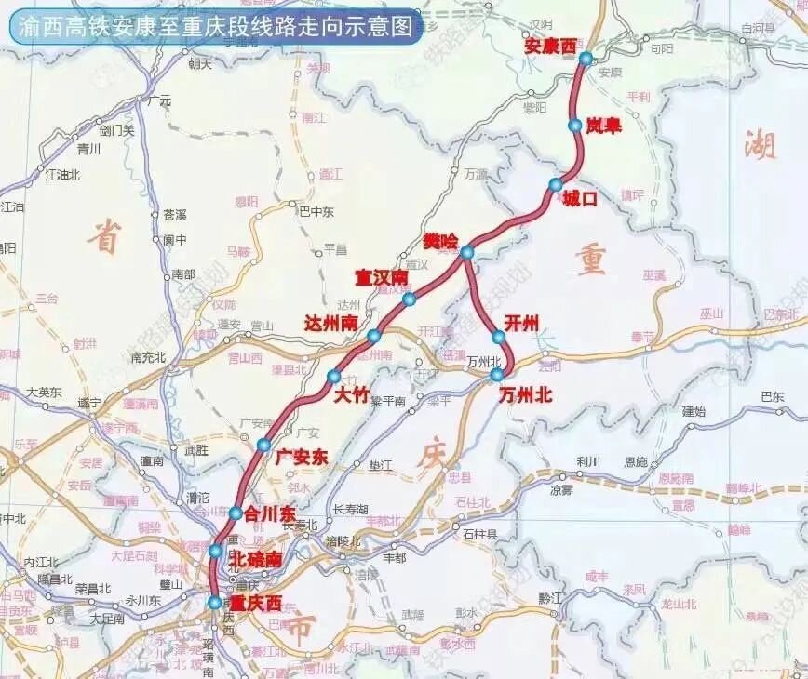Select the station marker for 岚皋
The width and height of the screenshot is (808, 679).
pos(574,125)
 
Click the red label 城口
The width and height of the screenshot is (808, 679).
pos(578,197)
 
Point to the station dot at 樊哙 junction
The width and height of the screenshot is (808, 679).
pos(466,252)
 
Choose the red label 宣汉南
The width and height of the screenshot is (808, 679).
pos(381,278)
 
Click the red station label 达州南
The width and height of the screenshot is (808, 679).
pos(332,322)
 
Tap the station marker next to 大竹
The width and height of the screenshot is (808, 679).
pos(333,377)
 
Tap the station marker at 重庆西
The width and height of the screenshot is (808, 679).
pos(215,603)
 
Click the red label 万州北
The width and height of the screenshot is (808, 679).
pos(525,394)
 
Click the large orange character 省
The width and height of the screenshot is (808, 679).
pos(103,238)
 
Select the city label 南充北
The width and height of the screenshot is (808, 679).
pos(148,356)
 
